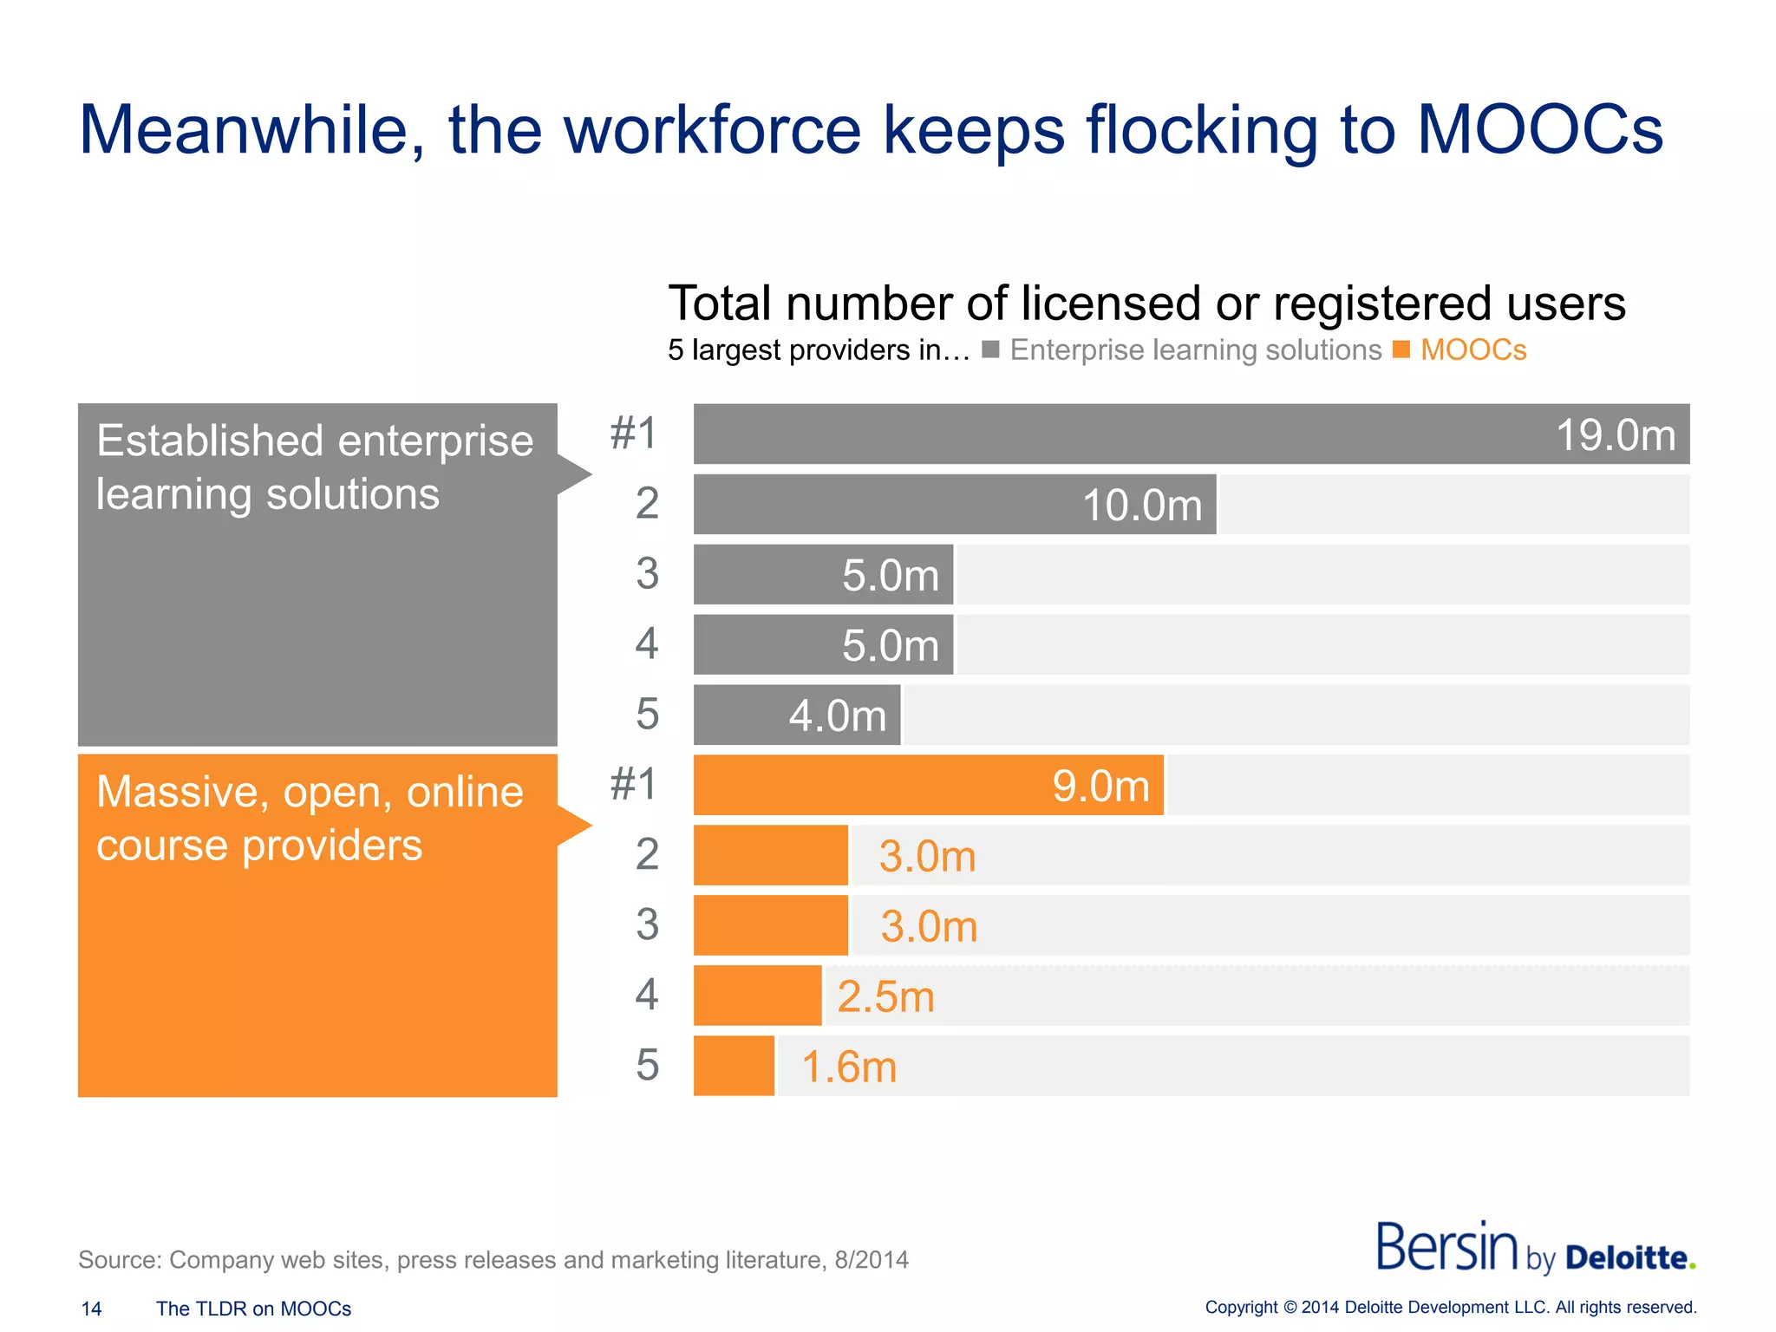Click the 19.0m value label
click(x=1616, y=435)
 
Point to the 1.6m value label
click(x=848, y=1067)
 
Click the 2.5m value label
click(x=885, y=996)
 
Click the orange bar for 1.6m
click(x=734, y=1066)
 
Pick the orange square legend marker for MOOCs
click(x=1401, y=349)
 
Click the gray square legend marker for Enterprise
click(x=990, y=349)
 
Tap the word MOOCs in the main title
click(x=1539, y=130)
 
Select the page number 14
click(x=91, y=1309)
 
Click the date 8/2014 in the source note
click(x=871, y=1259)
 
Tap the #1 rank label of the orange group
click(x=634, y=784)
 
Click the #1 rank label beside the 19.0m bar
click(x=634, y=433)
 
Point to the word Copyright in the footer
click(x=1241, y=1308)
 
